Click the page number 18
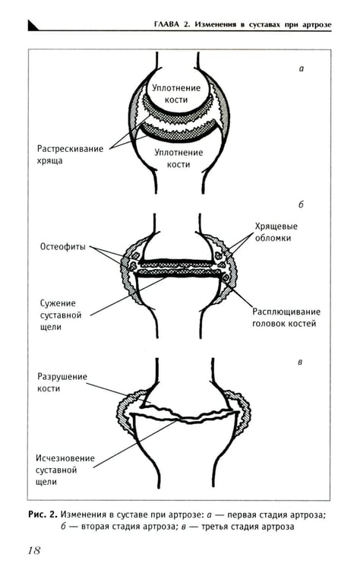(33, 550)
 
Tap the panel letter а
(301, 68)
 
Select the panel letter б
(301, 204)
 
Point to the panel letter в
(300, 363)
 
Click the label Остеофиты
(63, 247)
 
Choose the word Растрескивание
(70, 149)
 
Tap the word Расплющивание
(286, 312)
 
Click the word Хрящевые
(276, 226)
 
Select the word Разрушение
(62, 377)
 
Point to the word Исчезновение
(65, 458)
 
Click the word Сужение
(58, 303)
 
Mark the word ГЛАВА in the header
(167, 25)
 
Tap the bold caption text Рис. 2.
(43, 515)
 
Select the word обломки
(273, 238)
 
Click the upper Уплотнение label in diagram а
(176, 88)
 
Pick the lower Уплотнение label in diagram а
(178, 153)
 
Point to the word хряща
(50, 161)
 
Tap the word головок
(269, 324)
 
